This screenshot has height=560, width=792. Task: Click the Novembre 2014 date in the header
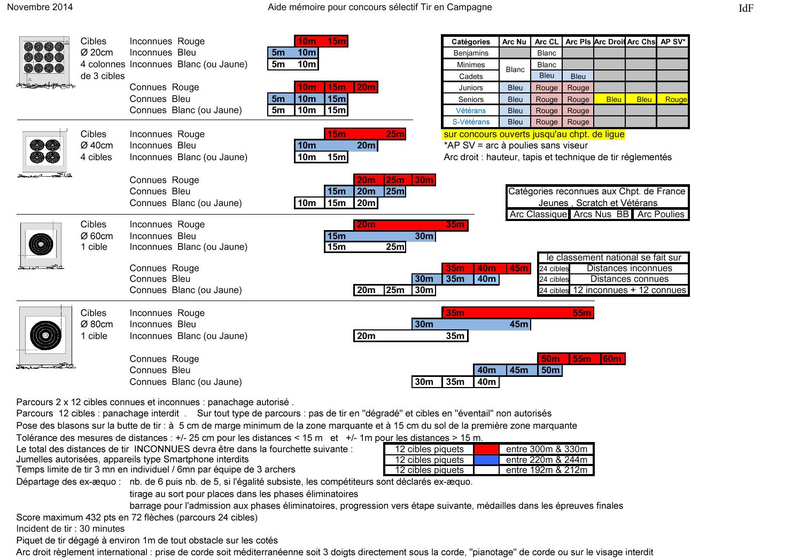point(40,7)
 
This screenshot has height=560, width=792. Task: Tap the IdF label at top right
point(746,8)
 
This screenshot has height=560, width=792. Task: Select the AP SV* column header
point(673,42)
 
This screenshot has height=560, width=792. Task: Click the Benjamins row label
point(471,53)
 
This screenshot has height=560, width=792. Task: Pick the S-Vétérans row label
point(471,122)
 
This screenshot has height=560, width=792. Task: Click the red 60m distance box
point(612,359)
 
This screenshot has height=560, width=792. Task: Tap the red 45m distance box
point(518,268)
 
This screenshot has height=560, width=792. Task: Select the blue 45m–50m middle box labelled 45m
point(518,370)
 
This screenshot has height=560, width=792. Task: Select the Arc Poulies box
point(661,214)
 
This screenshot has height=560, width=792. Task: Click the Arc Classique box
point(538,214)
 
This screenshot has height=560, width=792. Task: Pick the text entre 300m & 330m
point(546,449)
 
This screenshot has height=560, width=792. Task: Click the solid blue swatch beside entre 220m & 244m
point(486,460)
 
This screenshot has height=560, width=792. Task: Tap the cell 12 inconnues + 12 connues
point(629,290)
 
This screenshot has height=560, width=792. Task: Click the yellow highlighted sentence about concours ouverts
point(533,134)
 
